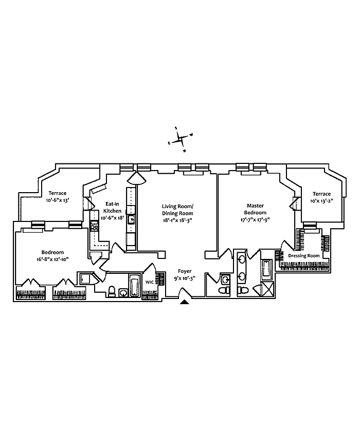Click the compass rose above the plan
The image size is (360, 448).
coord(180,138)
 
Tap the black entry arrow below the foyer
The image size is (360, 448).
coord(184,302)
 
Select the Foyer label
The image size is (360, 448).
coord(185,271)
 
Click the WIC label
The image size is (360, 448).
coord(149,282)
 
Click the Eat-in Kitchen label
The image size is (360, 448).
coord(113,207)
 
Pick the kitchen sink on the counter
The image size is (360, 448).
coord(132,220)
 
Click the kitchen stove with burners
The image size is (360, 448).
coord(94,228)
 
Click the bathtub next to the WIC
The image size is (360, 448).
coord(134,285)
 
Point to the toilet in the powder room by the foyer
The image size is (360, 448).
coord(223,290)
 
